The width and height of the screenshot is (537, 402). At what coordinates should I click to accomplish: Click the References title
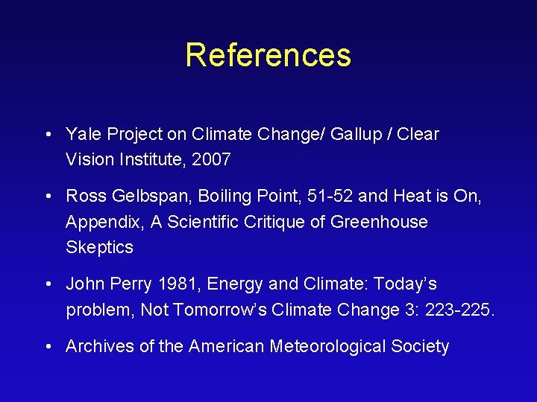pyautogui.click(x=268, y=55)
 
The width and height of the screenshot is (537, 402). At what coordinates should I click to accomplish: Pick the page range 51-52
pyautogui.click(x=334, y=197)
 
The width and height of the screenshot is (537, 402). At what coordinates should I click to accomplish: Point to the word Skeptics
pyautogui.click(x=99, y=247)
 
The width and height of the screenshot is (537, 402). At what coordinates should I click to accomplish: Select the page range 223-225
pyautogui.click(x=459, y=310)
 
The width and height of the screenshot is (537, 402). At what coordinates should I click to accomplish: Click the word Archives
pyautogui.click(x=100, y=347)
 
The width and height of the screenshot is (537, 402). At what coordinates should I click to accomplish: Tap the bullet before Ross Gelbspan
pyautogui.click(x=47, y=197)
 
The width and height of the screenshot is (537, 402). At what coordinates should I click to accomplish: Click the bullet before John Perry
pyautogui.click(x=47, y=284)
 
